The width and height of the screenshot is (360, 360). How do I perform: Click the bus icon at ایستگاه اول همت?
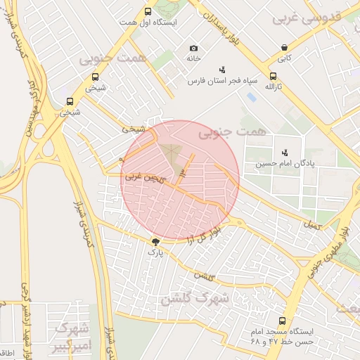[148, 12]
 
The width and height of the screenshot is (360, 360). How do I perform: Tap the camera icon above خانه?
[193, 49]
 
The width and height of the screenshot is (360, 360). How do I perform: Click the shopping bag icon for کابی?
[283, 49]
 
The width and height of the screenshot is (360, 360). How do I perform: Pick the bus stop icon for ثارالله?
[273, 76]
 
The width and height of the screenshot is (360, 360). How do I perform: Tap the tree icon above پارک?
[155, 241]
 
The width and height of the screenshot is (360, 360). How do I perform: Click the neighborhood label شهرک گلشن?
[195, 299]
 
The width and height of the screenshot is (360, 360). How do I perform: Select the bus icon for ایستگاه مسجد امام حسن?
[283, 321]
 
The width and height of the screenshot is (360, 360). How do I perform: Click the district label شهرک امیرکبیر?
[70, 338]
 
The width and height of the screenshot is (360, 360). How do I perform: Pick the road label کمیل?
[311, 225]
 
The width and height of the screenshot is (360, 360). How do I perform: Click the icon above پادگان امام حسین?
[285, 152]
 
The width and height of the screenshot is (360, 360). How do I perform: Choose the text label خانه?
[193, 59]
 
